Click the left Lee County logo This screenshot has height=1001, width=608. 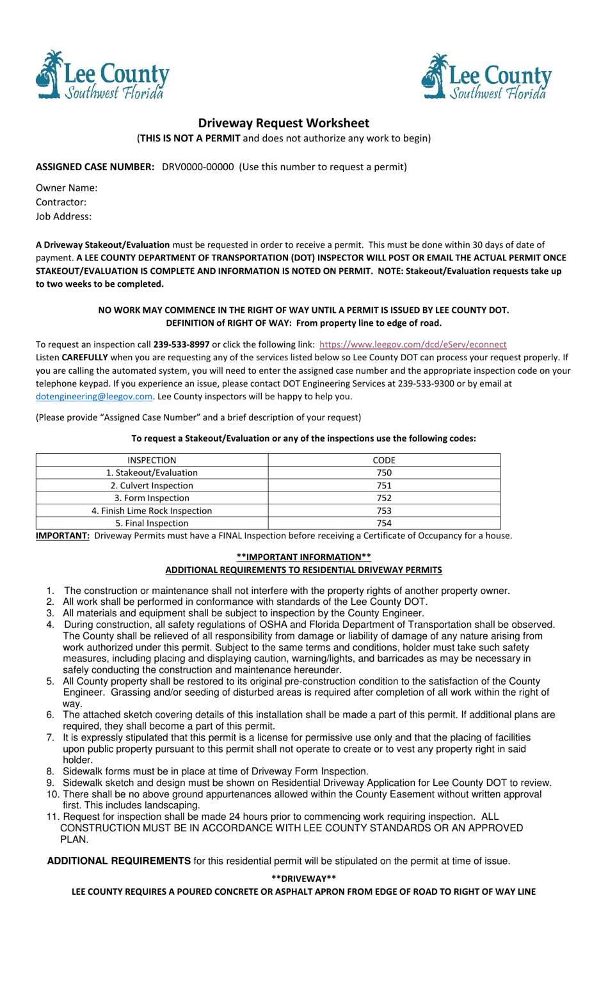point(102,76)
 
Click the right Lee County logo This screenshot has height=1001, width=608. point(486,77)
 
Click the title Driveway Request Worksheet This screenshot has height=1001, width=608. point(283,123)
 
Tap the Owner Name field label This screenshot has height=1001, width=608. point(67,188)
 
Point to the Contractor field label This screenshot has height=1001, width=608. point(61,202)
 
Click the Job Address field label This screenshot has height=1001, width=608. point(63,216)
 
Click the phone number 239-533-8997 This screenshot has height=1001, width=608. point(181,344)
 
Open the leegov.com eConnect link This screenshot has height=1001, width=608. point(413,344)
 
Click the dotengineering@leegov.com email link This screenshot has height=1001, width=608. point(94,396)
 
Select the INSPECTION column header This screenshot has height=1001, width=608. point(152,460)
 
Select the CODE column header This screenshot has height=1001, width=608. point(384,460)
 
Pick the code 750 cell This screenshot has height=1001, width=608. point(384,473)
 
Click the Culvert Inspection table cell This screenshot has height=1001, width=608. point(152,486)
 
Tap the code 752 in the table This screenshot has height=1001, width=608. point(384,498)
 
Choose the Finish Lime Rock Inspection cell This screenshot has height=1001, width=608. point(152,511)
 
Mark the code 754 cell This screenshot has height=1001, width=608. point(384,523)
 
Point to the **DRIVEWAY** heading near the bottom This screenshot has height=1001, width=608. point(303,879)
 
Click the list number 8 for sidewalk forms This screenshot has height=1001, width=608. point(50,771)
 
